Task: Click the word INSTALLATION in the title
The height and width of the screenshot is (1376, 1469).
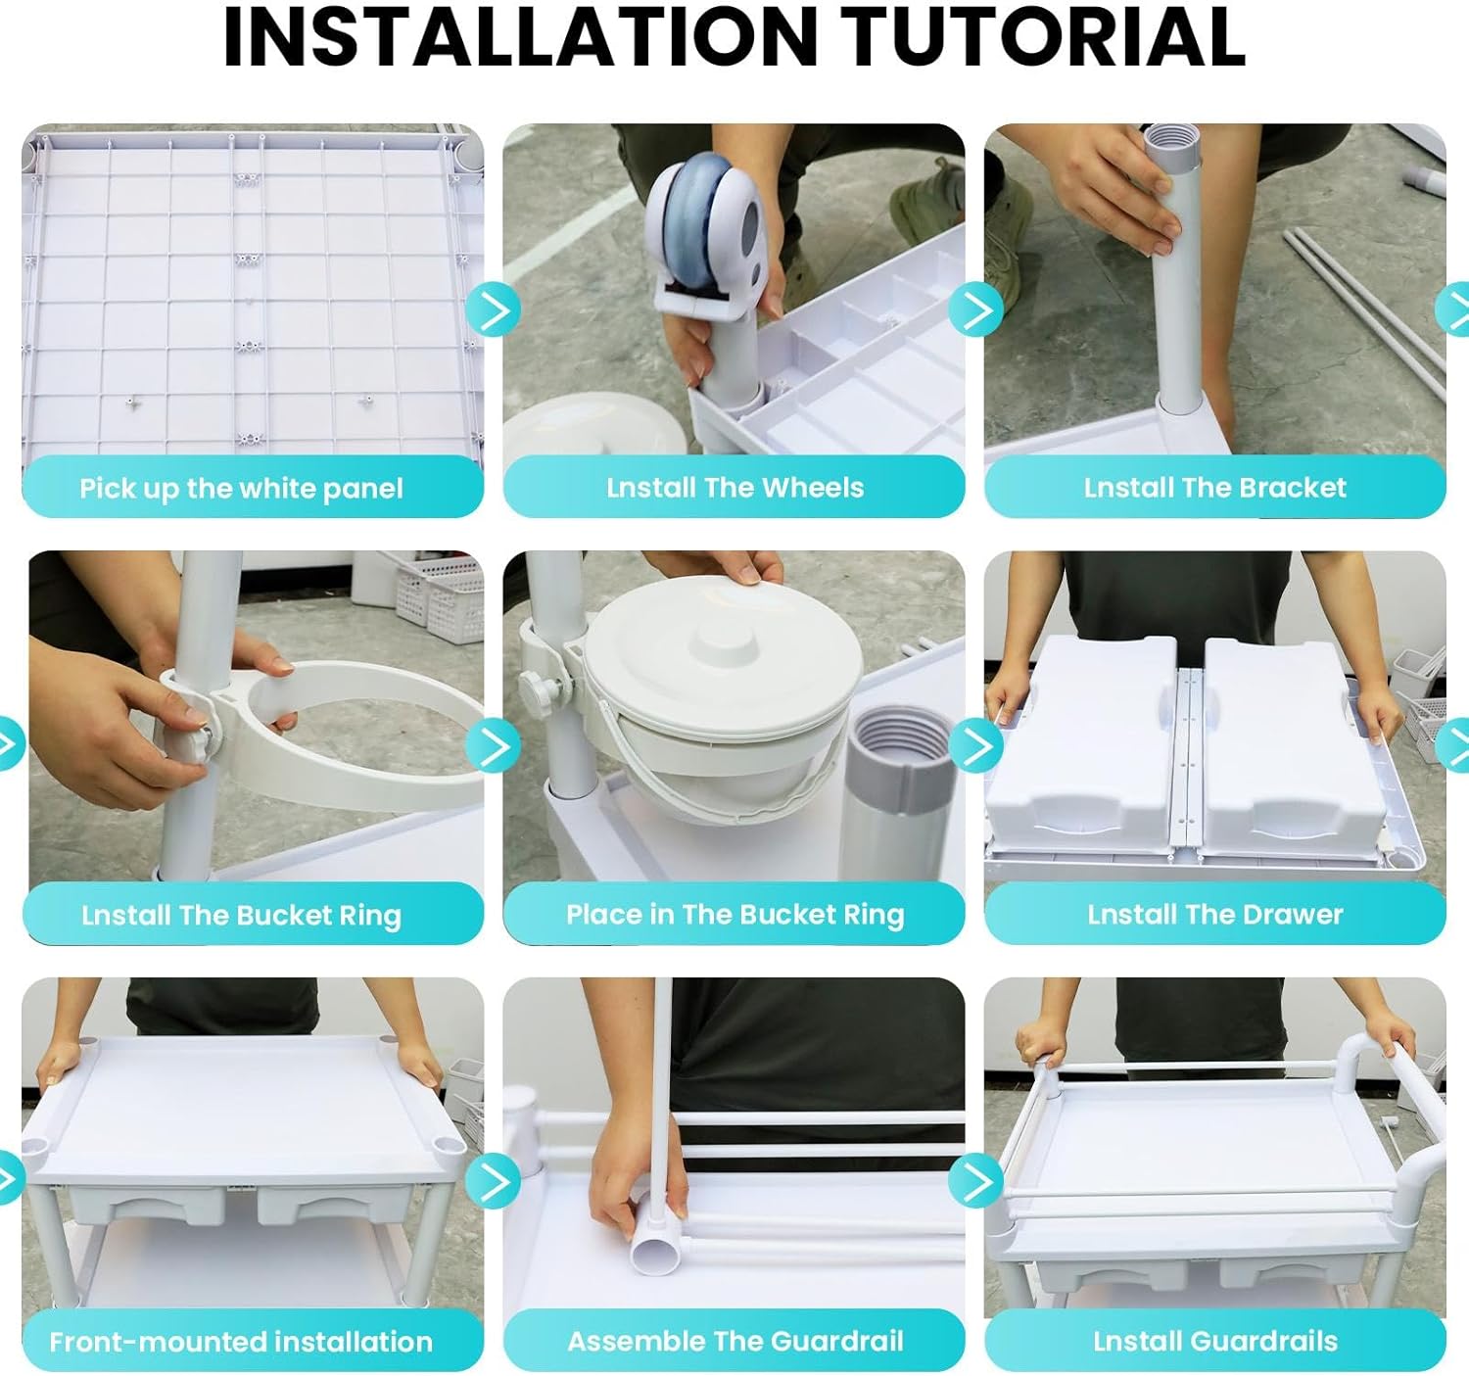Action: pos(521,37)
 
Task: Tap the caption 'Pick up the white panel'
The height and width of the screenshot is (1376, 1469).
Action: pos(241,489)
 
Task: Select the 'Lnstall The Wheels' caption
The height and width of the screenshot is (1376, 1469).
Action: pos(735,488)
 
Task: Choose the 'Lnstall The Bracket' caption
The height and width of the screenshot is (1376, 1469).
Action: pos(1215,488)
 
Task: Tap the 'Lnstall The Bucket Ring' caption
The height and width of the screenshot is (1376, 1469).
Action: pos(241,915)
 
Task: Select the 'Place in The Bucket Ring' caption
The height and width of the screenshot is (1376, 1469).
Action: pos(735,915)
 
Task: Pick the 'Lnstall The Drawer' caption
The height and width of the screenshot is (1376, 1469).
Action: pos(1215,915)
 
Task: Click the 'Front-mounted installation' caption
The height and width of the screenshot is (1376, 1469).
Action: pos(241,1341)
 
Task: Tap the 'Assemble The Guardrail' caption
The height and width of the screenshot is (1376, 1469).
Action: pos(735,1341)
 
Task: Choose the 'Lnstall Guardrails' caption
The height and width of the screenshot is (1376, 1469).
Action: pos(1215,1341)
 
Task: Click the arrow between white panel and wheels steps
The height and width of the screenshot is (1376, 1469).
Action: pos(494,308)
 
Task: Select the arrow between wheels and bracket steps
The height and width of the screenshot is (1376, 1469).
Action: pos(975,308)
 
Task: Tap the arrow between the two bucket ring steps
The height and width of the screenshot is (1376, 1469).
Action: pos(494,745)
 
